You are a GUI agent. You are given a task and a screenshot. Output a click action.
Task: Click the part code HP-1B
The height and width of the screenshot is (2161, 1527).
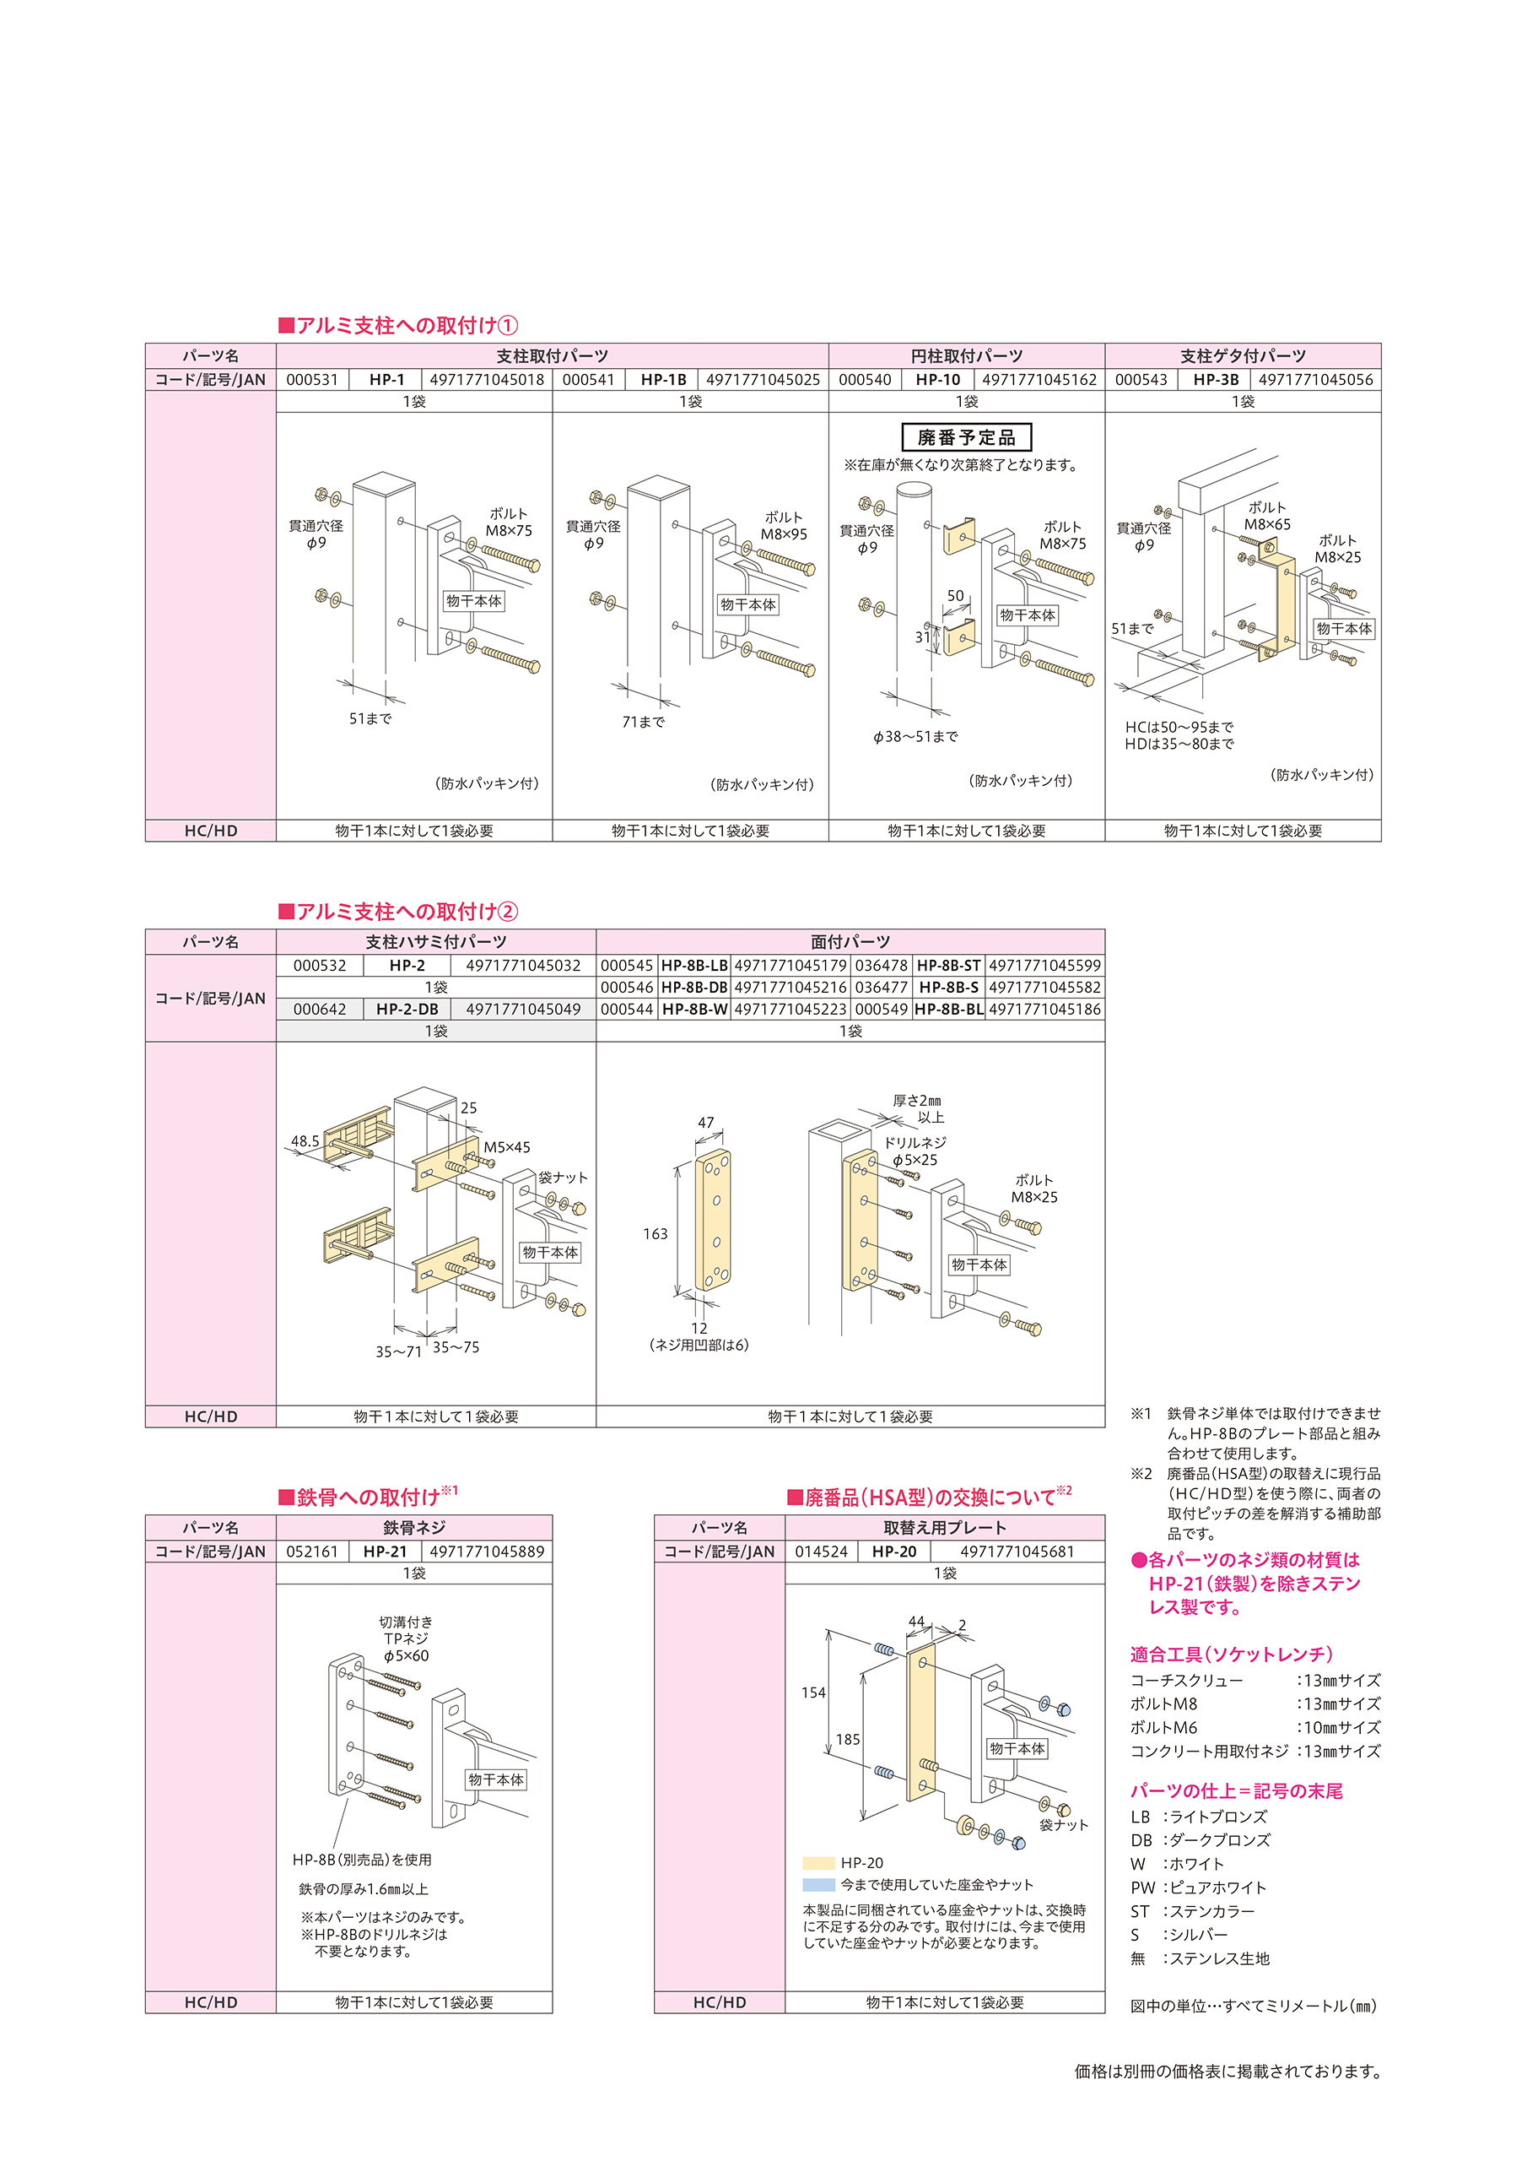663,379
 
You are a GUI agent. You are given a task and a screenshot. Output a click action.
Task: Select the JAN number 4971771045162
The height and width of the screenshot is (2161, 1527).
1039,379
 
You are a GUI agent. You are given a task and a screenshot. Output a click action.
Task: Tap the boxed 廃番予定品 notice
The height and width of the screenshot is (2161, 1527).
966,437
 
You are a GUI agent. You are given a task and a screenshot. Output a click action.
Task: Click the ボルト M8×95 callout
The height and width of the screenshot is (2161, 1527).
785,526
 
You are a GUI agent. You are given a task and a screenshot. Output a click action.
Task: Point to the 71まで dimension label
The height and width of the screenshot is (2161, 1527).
644,722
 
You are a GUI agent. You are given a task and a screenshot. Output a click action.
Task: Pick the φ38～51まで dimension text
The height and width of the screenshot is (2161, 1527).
915,736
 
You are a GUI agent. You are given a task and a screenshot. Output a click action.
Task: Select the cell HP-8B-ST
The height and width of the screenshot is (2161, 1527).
948,966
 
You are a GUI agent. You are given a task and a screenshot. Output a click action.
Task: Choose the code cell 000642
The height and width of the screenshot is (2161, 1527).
320,1009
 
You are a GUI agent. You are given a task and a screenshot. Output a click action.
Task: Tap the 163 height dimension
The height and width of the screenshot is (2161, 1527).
656,1234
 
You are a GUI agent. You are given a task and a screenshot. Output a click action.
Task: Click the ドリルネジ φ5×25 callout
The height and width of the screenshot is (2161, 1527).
915,1151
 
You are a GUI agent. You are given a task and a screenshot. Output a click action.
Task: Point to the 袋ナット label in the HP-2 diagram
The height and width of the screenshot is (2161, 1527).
563,1178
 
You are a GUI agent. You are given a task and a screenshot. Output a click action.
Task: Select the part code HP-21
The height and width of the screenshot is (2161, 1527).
385,1551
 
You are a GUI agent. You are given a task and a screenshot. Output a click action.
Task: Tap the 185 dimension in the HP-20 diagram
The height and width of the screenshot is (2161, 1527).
848,1739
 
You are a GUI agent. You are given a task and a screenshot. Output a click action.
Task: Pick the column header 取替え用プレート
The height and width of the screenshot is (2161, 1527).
945,1528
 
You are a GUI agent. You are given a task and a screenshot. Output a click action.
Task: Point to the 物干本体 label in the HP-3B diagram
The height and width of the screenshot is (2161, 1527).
1345,629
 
